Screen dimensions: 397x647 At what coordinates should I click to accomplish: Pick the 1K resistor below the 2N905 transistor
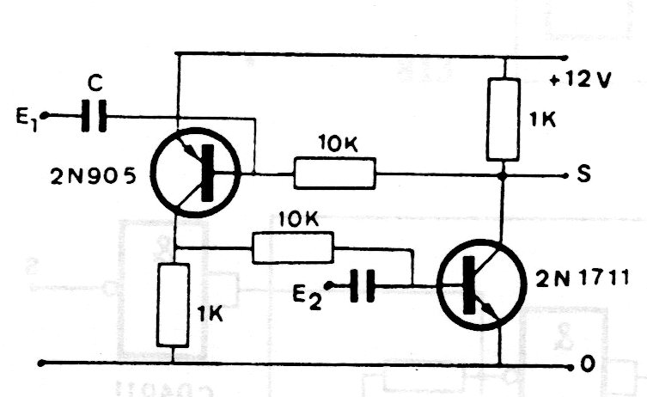tap(174, 305)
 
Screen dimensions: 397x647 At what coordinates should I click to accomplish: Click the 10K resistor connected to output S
tap(334, 174)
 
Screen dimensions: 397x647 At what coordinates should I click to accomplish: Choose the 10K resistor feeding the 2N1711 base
tap(292, 247)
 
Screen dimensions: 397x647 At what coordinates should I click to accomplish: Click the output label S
tap(585, 176)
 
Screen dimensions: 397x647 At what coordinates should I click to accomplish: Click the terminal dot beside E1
tap(46, 115)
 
